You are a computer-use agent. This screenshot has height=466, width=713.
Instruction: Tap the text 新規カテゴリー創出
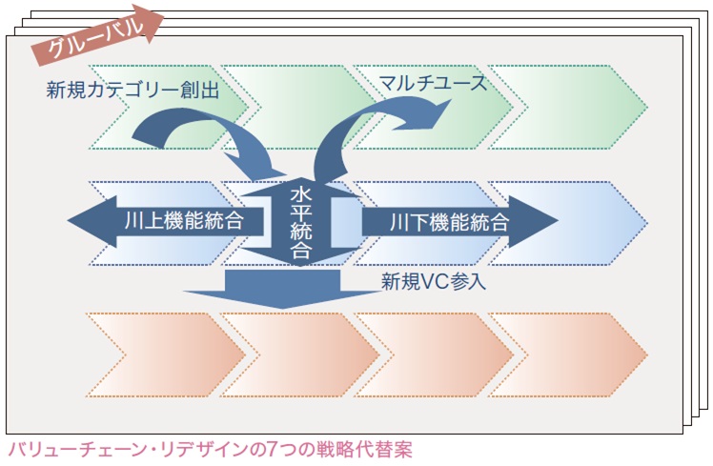(132, 91)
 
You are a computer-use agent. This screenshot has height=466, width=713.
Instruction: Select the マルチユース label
(433, 83)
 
